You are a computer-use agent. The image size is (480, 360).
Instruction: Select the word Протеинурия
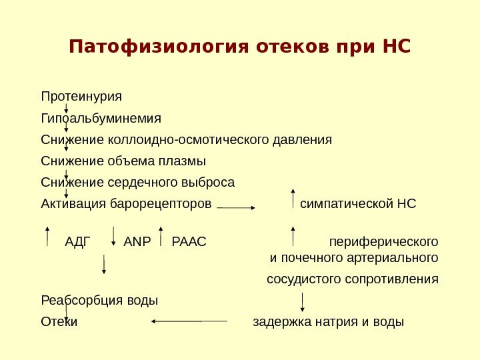[x=81, y=97]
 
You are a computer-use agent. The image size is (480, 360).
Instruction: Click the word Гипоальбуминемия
[x=101, y=119]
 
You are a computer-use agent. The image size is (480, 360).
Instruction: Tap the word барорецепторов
[x=165, y=203]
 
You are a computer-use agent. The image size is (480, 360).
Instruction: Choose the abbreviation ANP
[x=138, y=241]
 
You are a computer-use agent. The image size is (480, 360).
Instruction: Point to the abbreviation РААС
[x=189, y=241]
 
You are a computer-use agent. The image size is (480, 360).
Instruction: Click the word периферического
[x=384, y=241]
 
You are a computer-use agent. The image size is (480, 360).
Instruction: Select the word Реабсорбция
[x=77, y=300]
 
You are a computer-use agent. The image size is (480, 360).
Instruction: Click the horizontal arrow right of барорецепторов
[x=237, y=208]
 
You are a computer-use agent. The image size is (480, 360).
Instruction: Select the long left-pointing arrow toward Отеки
[x=189, y=321]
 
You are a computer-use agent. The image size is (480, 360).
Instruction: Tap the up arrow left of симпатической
[x=292, y=199]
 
